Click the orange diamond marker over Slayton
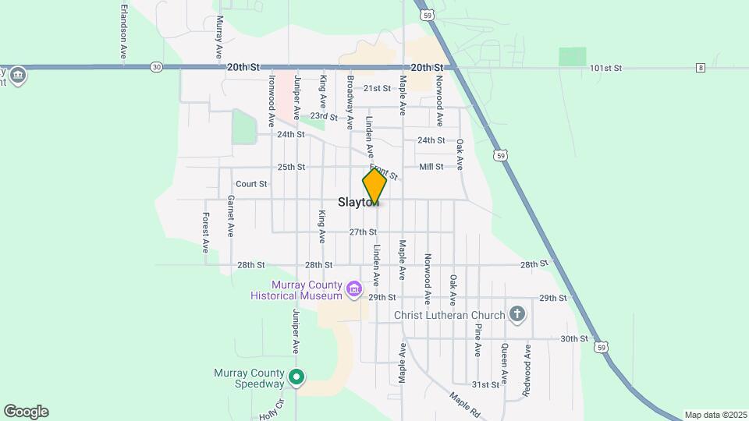click(x=374, y=187)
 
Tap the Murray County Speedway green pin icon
click(x=296, y=378)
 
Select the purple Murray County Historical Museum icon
click(x=354, y=291)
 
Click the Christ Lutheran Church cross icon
click(x=516, y=315)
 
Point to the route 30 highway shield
click(x=157, y=67)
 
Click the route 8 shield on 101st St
click(x=701, y=68)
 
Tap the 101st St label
click(x=605, y=69)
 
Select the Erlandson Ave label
click(x=123, y=32)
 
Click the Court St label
click(x=251, y=184)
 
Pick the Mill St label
click(x=431, y=167)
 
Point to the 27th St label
click(x=363, y=232)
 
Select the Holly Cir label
click(x=269, y=411)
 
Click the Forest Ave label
click(x=206, y=232)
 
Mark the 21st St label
click(x=377, y=89)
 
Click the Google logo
click(x=26, y=412)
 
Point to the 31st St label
click(x=485, y=385)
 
